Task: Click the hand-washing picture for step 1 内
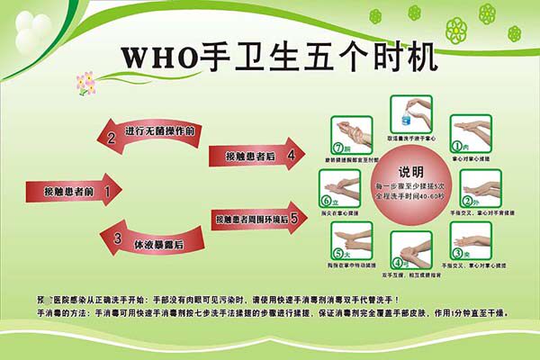[x=472, y=131]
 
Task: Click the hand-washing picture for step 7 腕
[x=352, y=134]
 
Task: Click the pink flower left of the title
[x=86, y=83]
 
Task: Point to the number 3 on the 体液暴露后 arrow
[x=118, y=239]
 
